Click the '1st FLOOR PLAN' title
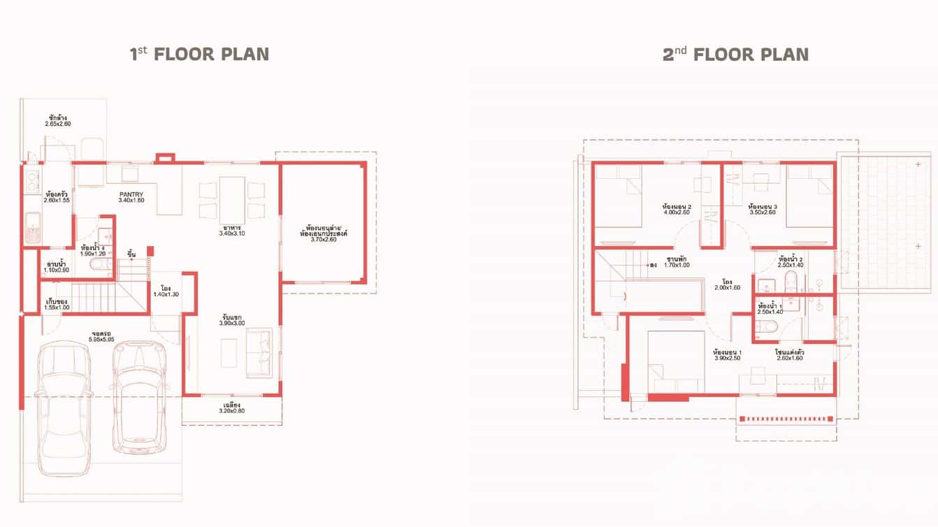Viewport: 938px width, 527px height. click(199, 55)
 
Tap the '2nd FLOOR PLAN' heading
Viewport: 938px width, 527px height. click(735, 55)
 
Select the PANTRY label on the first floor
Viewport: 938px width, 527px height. click(131, 195)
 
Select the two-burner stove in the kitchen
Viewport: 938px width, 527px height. click(32, 183)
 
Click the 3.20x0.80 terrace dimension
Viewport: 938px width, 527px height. click(232, 411)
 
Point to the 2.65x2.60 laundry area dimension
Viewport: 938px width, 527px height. click(58, 124)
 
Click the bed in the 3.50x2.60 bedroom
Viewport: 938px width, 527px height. click(809, 196)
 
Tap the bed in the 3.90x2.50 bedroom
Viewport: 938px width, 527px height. click(674, 363)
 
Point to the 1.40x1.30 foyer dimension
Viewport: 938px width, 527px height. click(166, 294)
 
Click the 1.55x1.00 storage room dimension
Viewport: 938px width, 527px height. click(57, 308)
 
